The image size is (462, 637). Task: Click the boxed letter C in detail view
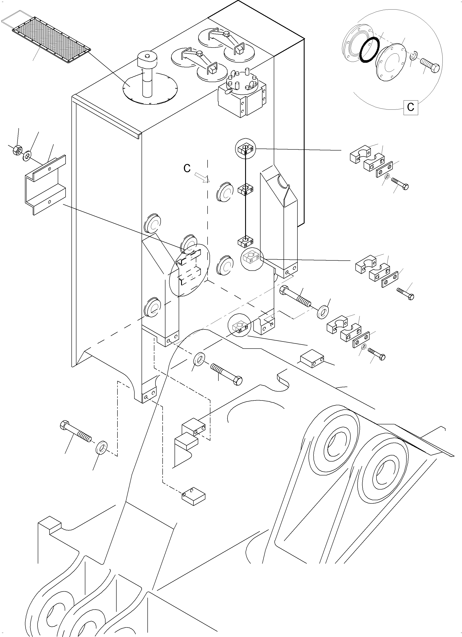pyautogui.click(x=411, y=107)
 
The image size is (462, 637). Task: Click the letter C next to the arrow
pyautogui.click(x=187, y=168)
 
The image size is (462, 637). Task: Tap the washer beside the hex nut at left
pyautogui.click(x=27, y=155)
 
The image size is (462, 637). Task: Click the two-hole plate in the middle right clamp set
pyautogui.click(x=390, y=279)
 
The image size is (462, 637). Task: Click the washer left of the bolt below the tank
pyautogui.click(x=200, y=359)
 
